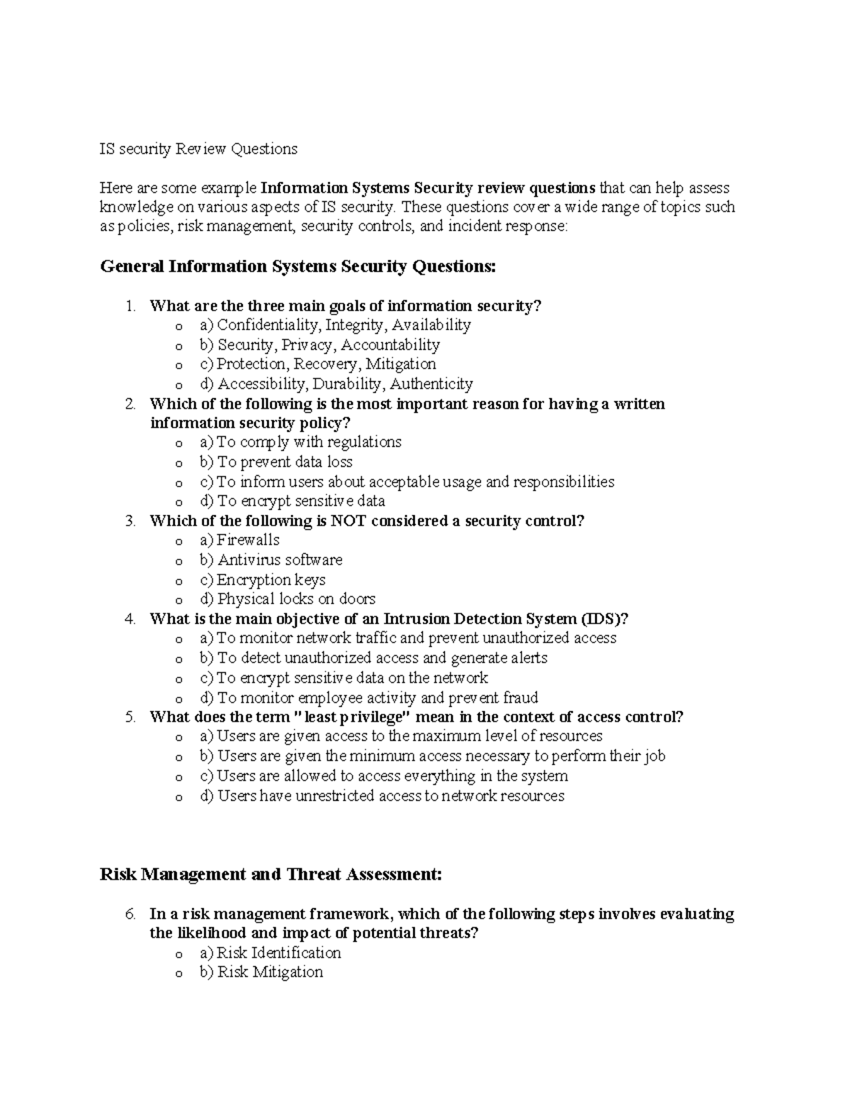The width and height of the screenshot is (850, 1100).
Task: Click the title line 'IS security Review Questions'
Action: [198, 149]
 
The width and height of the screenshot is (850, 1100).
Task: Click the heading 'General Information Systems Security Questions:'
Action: [298, 266]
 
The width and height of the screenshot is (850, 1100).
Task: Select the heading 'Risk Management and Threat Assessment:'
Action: [271, 874]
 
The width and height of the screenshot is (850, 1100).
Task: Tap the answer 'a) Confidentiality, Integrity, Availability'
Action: [335, 325]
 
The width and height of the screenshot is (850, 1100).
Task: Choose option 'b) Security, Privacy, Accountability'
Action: [319, 345]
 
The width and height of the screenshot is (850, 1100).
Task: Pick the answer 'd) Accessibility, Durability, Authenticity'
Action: [336, 384]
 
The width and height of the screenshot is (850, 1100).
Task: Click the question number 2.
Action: [130, 404]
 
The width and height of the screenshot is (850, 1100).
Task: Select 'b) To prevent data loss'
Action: [276, 462]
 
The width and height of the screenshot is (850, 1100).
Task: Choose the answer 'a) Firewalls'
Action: [239, 540]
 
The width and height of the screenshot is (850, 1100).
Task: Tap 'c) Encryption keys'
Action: [262, 579]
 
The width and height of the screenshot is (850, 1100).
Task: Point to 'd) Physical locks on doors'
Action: [287, 599]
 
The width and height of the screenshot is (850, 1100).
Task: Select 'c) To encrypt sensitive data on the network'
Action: [344, 677]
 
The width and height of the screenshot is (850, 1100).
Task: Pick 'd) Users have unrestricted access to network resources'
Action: [382, 795]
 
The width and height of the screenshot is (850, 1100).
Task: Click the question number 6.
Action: [130, 914]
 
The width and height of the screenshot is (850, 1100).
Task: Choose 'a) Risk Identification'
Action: [270, 953]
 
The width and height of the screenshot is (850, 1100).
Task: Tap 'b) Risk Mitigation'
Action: [261, 972]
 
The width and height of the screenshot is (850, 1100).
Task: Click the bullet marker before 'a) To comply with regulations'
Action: [178, 443]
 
